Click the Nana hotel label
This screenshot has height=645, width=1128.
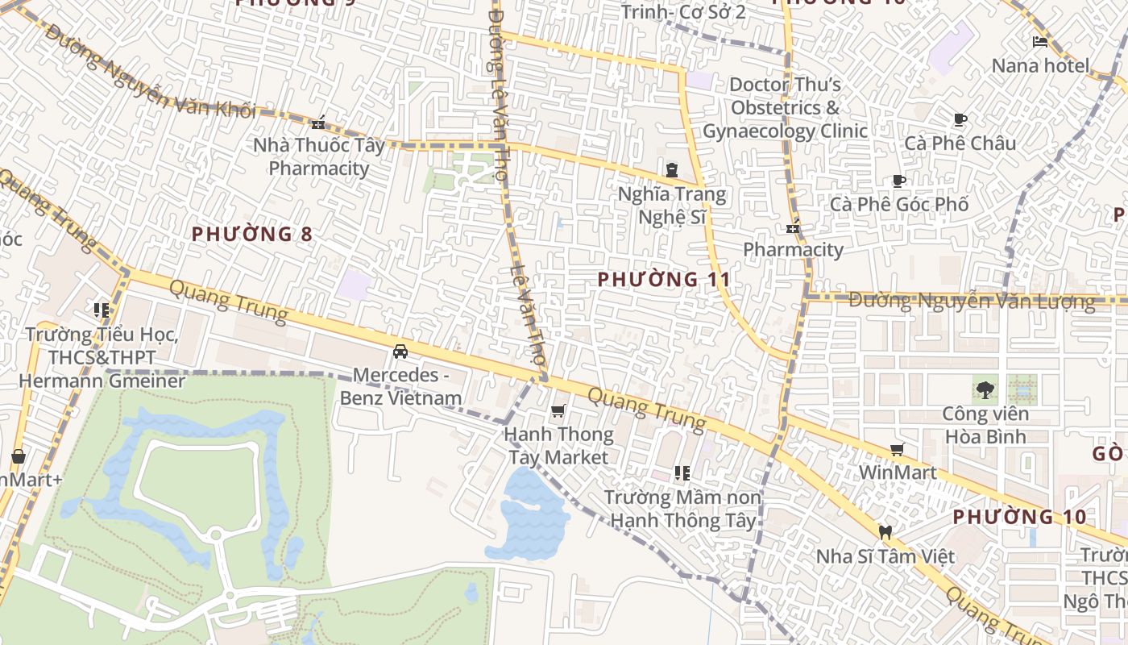tap(1040, 65)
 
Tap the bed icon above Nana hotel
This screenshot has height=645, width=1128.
tap(1040, 42)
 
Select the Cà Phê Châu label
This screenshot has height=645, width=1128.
tap(960, 143)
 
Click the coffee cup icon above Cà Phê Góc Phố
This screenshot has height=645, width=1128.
tap(899, 181)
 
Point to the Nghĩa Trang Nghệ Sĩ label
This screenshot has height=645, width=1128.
tap(672, 206)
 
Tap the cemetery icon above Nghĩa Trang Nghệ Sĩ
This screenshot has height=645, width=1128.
tap(672, 170)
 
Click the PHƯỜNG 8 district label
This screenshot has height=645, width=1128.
tap(252, 235)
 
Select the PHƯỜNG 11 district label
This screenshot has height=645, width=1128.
tap(665, 280)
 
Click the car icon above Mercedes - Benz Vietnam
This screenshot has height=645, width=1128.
tap(400, 352)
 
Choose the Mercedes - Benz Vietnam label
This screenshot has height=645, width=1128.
tap(400, 386)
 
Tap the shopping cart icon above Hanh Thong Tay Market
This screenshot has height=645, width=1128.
tap(558, 412)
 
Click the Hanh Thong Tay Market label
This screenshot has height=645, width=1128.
tap(558, 446)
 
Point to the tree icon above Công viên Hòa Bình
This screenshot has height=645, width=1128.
tap(985, 391)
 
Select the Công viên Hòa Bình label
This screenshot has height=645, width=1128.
tap(985, 426)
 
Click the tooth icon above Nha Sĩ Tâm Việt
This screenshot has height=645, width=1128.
tap(885, 532)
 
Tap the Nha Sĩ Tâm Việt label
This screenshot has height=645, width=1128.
tap(885, 556)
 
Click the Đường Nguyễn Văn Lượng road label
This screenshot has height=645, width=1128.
tap(972, 302)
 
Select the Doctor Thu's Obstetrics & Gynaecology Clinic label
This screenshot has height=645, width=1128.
tap(785, 107)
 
